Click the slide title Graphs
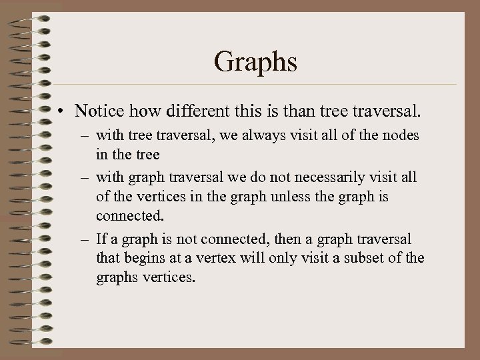[256, 62]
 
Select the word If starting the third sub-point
[101, 239]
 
